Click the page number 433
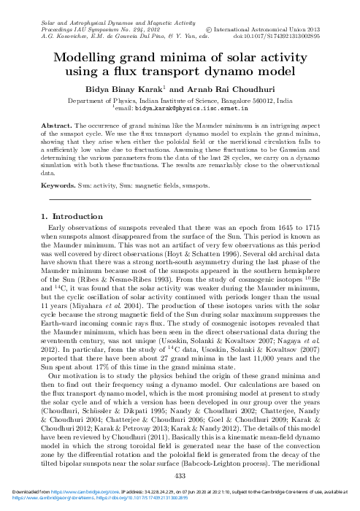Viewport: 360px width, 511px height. (x=180, y=476)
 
